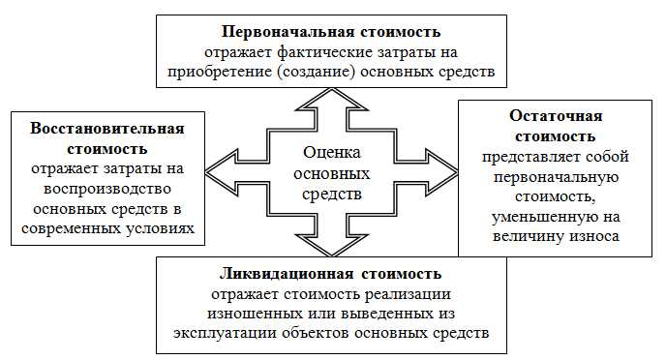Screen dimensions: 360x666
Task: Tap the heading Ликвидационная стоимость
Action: pos(332,273)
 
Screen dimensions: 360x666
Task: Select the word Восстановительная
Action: pos(107,128)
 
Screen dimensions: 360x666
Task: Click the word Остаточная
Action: pos(558,114)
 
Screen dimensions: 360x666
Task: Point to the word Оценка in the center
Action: pos(331,153)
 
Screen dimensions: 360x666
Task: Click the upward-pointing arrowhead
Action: pos(332,98)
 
